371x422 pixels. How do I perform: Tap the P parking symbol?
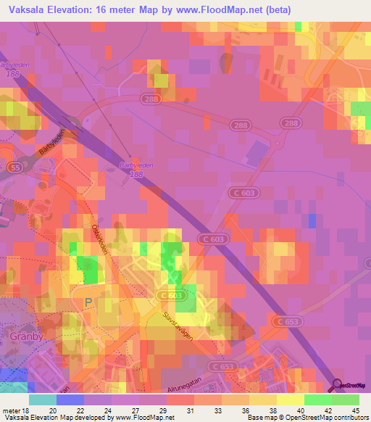[x=89, y=302]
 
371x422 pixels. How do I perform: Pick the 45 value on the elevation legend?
[x=355, y=410]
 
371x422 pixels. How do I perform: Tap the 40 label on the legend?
[x=299, y=410]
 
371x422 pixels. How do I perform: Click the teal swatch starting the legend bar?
[x=42, y=400]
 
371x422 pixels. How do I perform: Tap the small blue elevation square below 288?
[x=312, y=220]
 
